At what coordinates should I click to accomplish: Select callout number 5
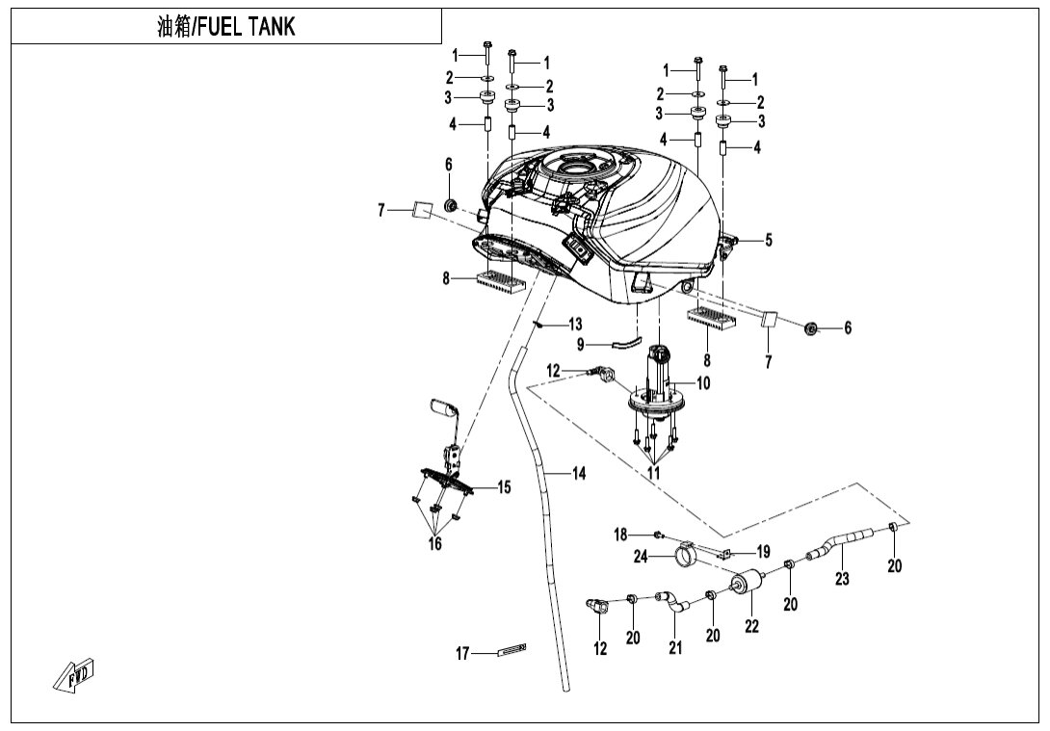(768, 241)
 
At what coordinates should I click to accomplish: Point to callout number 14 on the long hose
(578, 473)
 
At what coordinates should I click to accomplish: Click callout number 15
(504, 487)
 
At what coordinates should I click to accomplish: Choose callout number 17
(463, 654)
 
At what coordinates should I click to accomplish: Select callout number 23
(842, 579)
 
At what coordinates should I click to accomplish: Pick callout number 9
(581, 344)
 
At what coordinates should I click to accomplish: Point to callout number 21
(675, 648)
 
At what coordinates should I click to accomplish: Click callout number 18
(621, 534)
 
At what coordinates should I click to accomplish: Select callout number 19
(763, 552)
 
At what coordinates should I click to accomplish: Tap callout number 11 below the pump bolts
(654, 473)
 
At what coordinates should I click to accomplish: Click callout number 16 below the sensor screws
(434, 544)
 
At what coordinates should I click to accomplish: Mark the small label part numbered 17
(511, 652)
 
